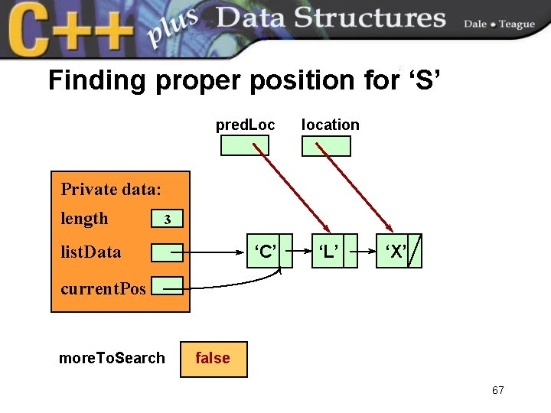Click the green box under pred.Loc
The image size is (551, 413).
click(245, 145)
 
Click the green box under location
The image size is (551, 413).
click(326, 145)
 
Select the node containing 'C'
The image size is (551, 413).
click(265, 252)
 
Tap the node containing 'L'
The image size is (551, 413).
click(328, 252)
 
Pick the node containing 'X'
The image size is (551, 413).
click(396, 252)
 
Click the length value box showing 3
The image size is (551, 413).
click(168, 220)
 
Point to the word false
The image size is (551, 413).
click(213, 358)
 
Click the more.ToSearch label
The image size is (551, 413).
click(112, 358)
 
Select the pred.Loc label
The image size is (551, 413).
click(245, 124)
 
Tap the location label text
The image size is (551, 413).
click(330, 124)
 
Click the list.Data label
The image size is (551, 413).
click(90, 251)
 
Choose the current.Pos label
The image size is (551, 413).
click(103, 288)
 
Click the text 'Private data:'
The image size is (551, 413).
click(111, 189)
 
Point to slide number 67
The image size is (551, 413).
click(498, 391)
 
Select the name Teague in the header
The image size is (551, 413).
click(517, 24)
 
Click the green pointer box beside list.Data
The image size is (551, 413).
click(167, 252)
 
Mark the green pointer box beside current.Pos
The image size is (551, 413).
click(167, 286)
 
